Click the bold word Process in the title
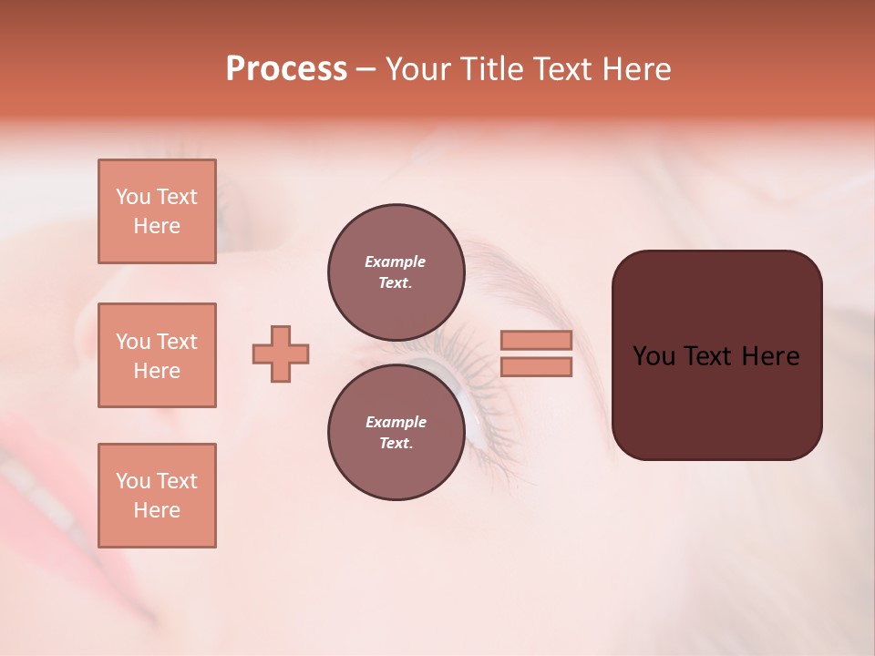(286, 69)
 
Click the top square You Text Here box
(157, 211)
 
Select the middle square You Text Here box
(157, 355)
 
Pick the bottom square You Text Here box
(157, 496)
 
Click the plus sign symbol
(281, 354)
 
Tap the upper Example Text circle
(396, 272)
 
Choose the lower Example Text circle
(396, 432)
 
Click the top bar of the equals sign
(536, 340)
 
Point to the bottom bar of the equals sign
(536, 367)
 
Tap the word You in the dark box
(654, 356)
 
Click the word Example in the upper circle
(396, 261)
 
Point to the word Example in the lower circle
(396, 422)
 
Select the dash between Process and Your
(365, 70)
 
